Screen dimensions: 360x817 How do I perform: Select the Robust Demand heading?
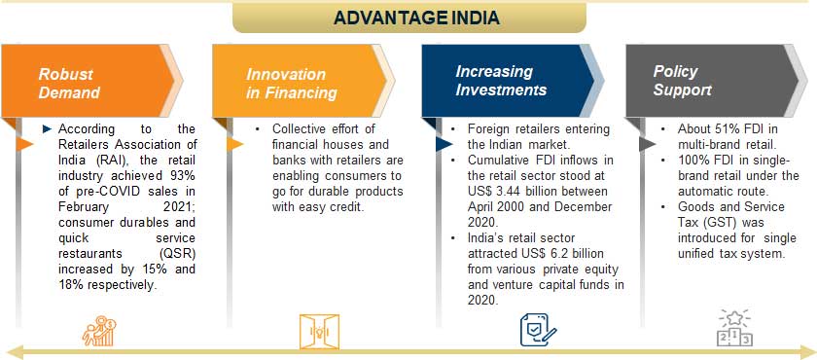pos(69,83)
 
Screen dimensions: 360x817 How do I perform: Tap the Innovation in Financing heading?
pos(291,83)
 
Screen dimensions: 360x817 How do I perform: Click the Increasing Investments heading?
pos(501,81)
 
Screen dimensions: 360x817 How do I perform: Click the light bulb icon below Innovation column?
pos(319,331)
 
